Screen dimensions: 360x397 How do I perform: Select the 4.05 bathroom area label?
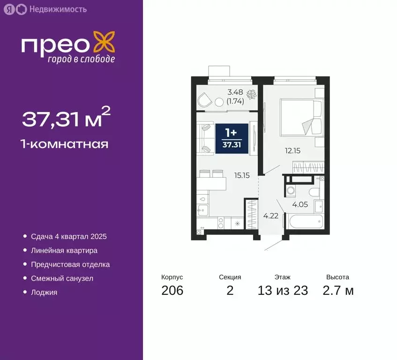(x=300, y=204)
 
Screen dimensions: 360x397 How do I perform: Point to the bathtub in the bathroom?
(x=305, y=221)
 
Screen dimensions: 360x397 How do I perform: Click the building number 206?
(x=172, y=291)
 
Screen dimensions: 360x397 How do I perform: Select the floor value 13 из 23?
(x=283, y=291)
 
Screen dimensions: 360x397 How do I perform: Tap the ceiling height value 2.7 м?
(x=338, y=291)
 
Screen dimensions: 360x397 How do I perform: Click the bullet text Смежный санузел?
(x=62, y=278)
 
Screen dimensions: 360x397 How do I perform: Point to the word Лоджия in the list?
(x=44, y=292)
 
